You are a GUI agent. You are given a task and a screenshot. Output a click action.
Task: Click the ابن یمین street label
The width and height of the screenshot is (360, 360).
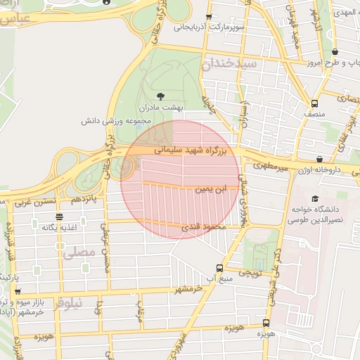tap(212, 188)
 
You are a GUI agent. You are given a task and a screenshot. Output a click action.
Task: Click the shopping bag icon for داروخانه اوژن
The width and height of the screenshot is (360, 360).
tap(320, 159)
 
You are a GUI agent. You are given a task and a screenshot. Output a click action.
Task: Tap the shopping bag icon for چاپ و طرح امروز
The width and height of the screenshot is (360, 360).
tap(334, 52)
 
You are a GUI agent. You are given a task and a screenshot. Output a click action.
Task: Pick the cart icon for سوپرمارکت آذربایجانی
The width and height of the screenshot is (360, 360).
tap(209, 17)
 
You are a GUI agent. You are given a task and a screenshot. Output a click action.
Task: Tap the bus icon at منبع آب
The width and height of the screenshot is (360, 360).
tap(220, 268)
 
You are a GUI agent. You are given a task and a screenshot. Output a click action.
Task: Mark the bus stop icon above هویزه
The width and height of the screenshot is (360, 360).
tap(264, 323)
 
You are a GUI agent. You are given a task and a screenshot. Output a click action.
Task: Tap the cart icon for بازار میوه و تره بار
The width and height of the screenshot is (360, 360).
tap(18, 291)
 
